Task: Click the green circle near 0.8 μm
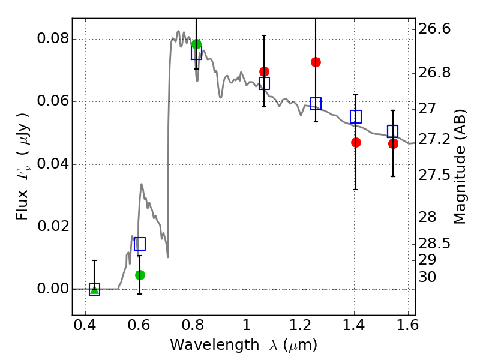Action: pos(196,44)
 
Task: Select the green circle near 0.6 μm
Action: pos(140,275)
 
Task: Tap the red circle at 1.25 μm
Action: pos(316,62)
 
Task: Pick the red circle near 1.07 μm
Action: pos(264,71)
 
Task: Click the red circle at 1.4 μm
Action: pos(356,142)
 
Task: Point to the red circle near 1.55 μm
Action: pos(393,143)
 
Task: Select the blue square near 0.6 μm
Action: pos(140,244)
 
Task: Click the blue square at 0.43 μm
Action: pos(94,289)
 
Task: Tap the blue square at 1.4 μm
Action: pos(356,117)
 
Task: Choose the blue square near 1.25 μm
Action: pos(316,104)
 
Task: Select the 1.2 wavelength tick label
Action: pos(300,328)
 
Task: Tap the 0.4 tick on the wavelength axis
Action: pos(85,328)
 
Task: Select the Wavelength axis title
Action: pos(244,345)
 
